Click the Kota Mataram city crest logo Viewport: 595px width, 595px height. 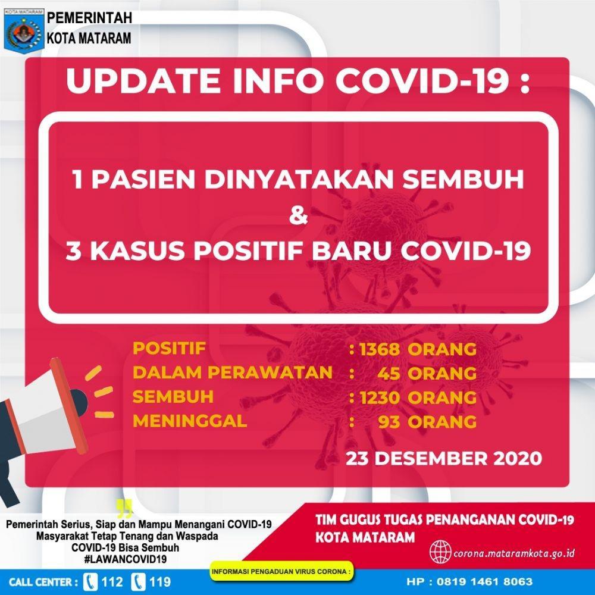pyautogui.click(x=24, y=30)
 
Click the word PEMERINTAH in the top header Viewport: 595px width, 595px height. pyautogui.click(x=90, y=17)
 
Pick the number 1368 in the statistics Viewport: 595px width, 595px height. pyautogui.click(x=380, y=349)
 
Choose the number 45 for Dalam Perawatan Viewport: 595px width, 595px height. pyautogui.click(x=389, y=374)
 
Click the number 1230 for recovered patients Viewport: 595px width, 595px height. pyautogui.click(x=380, y=398)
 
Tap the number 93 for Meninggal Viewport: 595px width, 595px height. pyautogui.click(x=389, y=422)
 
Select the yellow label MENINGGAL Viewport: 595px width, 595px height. pyautogui.click(x=190, y=421)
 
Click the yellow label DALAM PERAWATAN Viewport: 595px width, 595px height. pyautogui.click(x=233, y=372)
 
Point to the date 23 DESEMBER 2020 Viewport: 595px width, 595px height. pyautogui.click(x=444, y=458)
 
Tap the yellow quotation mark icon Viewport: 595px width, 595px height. pyautogui.click(x=124, y=509)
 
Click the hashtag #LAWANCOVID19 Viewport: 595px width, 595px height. pyautogui.click(x=125, y=559)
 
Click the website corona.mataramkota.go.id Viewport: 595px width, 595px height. pyautogui.click(x=514, y=553)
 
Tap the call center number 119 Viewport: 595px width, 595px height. pyautogui.click(x=159, y=582)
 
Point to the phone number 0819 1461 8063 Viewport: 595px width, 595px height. pyautogui.click(x=484, y=581)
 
